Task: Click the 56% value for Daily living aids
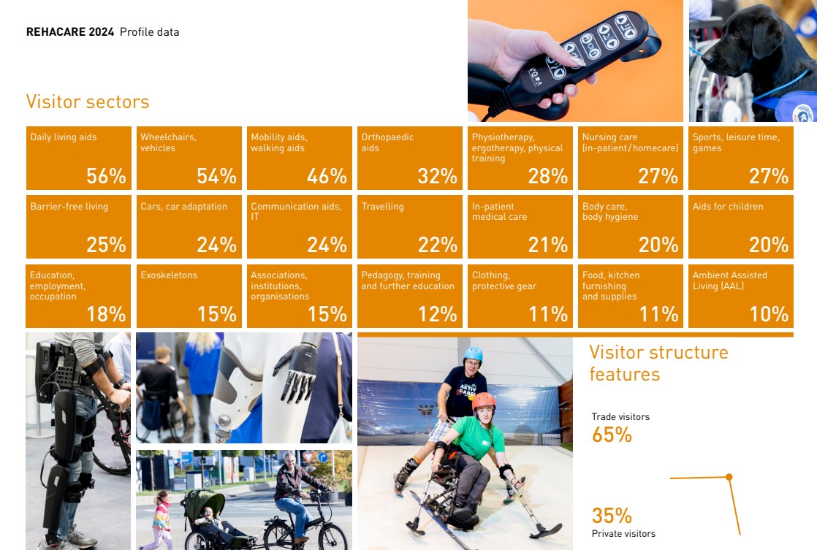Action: point(106,176)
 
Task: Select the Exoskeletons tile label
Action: point(169,275)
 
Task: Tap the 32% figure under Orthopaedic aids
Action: point(437,176)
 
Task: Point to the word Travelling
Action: point(382,206)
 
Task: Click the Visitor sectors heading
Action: point(88,102)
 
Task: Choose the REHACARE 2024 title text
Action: point(70,31)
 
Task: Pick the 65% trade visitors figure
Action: point(612,435)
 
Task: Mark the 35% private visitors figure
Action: point(612,516)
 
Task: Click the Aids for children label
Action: point(728,206)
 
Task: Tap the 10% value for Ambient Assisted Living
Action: point(769,314)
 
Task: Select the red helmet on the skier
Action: point(484,402)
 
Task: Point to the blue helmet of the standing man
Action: point(473,355)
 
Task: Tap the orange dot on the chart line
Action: point(729,477)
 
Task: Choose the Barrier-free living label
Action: point(69,206)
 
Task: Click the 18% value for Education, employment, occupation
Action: point(106,314)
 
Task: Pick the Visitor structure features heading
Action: point(658,363)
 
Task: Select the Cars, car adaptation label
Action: point(184,206)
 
